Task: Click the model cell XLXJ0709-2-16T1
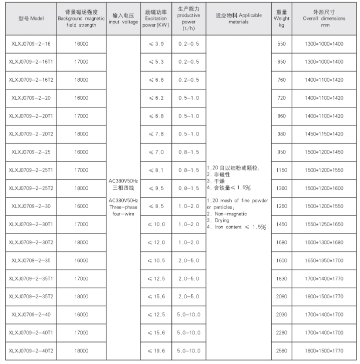tap(31, 62)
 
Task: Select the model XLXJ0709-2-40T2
tap(31, 350)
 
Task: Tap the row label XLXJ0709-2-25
tap(31, 152)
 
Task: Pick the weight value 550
tap(281, 44)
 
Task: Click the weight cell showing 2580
tap(281, 350)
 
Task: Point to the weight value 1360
tap(281, 188)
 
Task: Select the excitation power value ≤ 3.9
tap(156, 44)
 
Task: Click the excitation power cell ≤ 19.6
tap(156, 350)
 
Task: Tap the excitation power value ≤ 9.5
tap(156, 188)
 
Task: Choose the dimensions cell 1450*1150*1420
tap(324, 134)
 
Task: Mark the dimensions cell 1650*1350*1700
tap(324, 260)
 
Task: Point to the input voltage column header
tap(123, 19)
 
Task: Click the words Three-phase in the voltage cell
tap(123, 206)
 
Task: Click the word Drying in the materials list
tap(220, 220)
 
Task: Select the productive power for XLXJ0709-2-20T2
tap(189, 134)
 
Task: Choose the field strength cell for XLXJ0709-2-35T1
tap(81, 278)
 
